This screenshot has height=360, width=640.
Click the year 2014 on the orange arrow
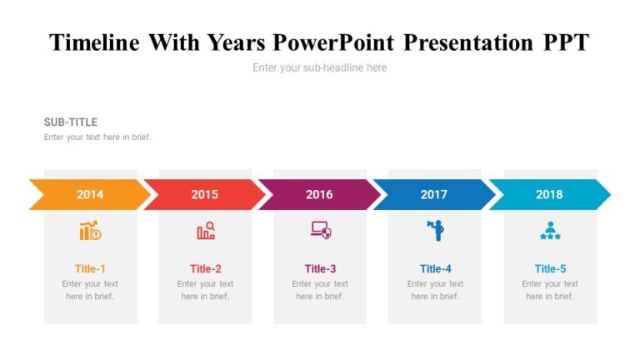pos(90,194)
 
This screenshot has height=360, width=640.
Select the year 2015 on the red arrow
pos(205,194)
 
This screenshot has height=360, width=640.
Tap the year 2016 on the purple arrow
pos(319,194)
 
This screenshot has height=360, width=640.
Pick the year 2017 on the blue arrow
pos(434,194)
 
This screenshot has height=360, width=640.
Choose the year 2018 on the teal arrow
pos(549,194)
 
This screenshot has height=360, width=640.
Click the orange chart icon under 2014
pos(90,231)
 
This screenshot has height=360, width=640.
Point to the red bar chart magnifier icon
pos(205,231)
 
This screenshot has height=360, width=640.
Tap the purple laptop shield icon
pos(320,231)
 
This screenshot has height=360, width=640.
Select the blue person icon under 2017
pos(435,231)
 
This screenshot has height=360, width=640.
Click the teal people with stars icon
pos(549,231)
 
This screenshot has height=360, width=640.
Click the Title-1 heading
pos(90,268)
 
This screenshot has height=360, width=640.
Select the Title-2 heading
pos(205,268)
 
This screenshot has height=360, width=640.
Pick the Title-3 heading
pos(320,268)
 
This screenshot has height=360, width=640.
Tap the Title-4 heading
pos(435,268)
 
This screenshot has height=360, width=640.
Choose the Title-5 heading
pos(550,268)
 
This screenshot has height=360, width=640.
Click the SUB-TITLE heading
pos(71,122)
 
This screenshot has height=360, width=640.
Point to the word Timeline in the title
pos(94,42)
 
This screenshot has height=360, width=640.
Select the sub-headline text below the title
pos(320,67)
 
